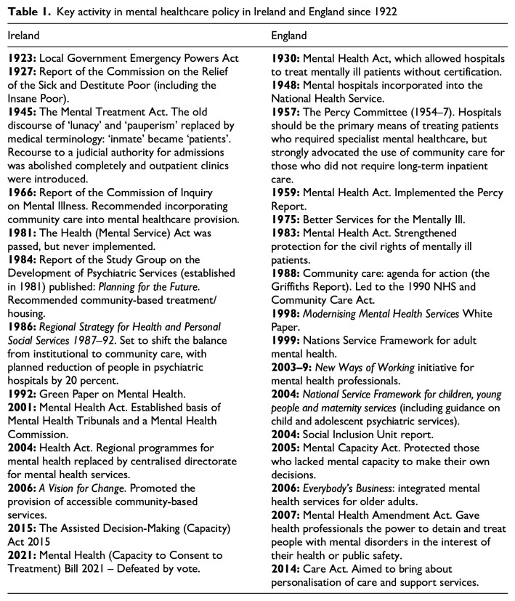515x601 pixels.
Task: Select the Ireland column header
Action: click(x=25, y=34)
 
